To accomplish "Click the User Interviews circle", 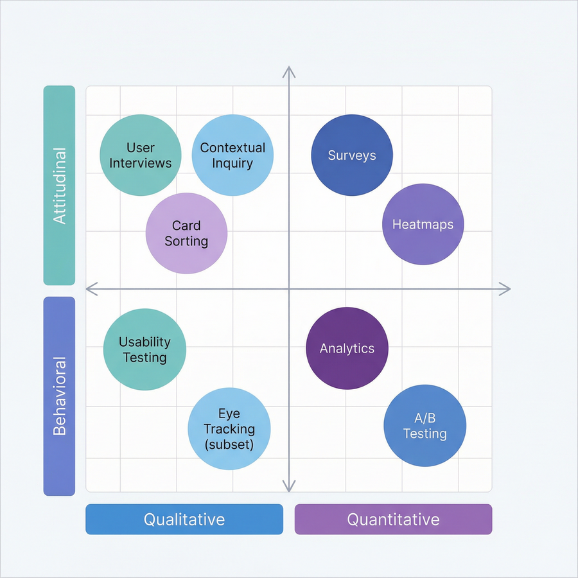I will pyautogui.click(x=141, y=155).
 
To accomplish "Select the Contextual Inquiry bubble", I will pyautogui.click(x=232, y=155).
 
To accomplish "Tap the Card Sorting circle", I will pyautogui.click(x=186, y=233).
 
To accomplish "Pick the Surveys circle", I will pyautogui.click(x=352, y=155).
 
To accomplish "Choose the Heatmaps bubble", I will pyautogui.click(x=423, y=224).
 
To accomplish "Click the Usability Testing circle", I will pyautogui.click(x=144, y=349).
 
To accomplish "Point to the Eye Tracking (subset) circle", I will pyautogui.click(x=229, y=428).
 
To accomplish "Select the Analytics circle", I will pyautogui.click(x=347, y=348).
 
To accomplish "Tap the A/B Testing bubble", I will pyautogui.click(x=425, y=426).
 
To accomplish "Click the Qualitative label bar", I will pyautogui.click(x=184, y=519).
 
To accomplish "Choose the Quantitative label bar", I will pyautogui.click(x=393, y=519).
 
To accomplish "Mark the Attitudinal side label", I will pyautogui.click(x=59, y=186).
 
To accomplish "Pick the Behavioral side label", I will pyautogui.click(x=59, y=396).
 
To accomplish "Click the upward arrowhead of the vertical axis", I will pyautogui.click(x=289, y=70).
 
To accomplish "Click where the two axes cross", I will pyautogui.click(x=289, y=289).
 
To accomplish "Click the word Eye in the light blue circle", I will pyautogui.click(x=229, y=414).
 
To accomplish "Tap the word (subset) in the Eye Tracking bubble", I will pyautogui.click(x=229, y=444).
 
